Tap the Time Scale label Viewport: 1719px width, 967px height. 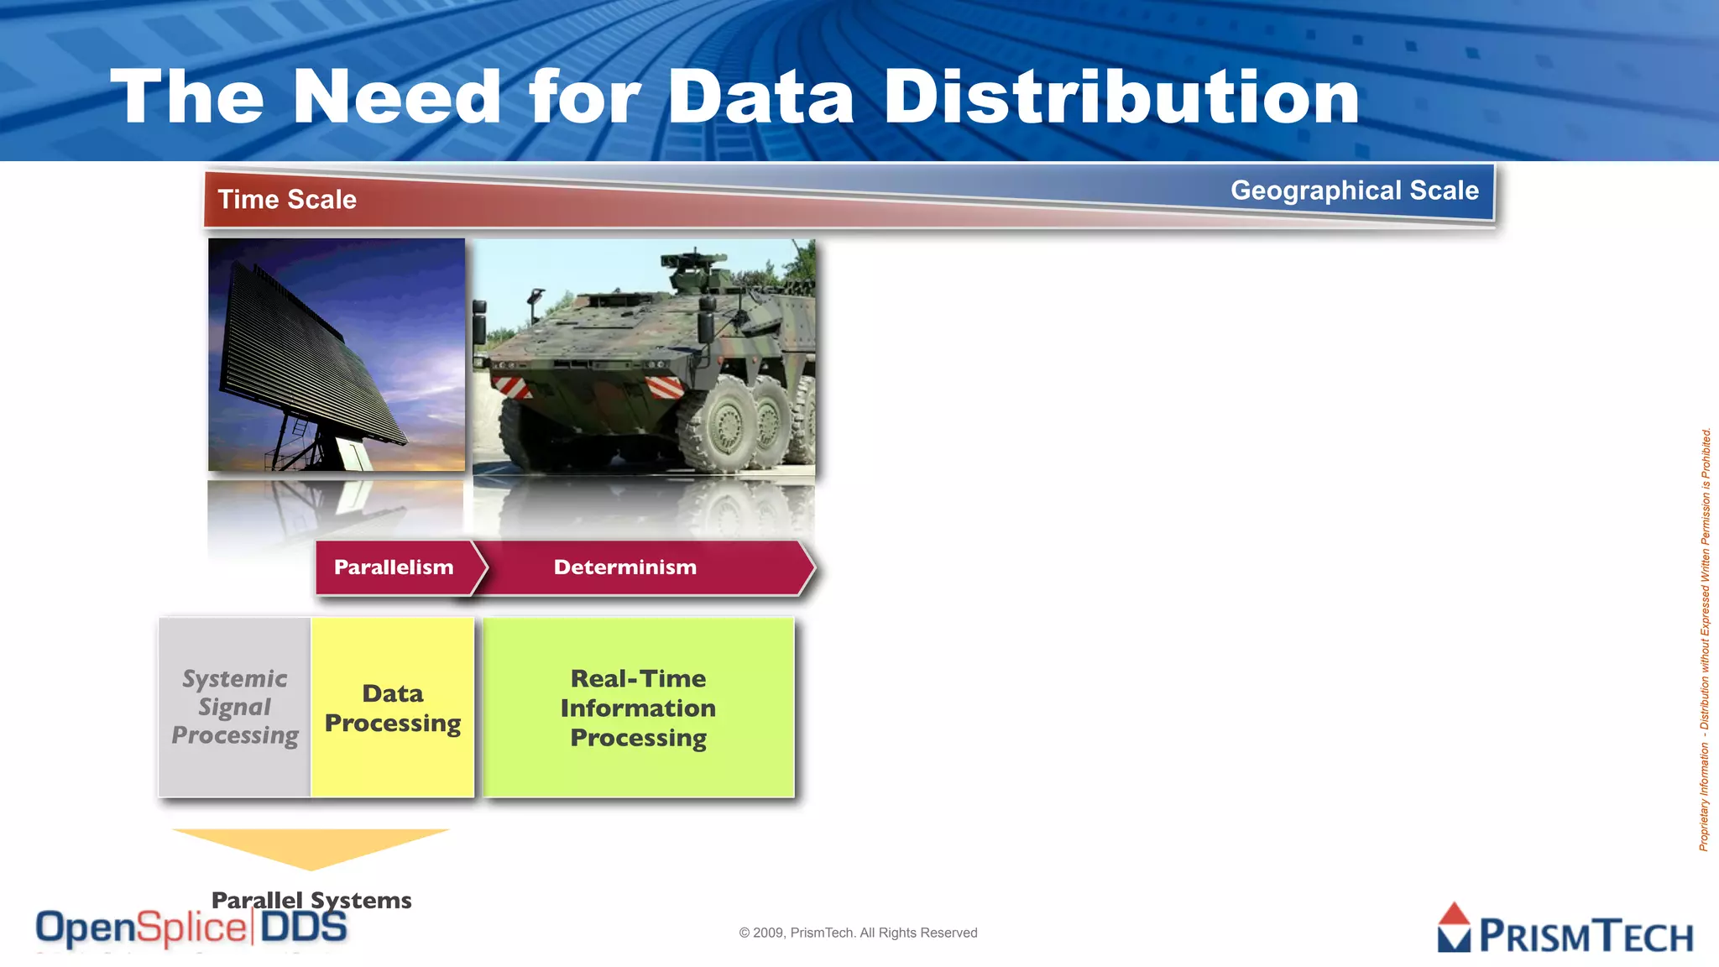pos(287,200)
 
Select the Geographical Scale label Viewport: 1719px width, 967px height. pos(1354,191)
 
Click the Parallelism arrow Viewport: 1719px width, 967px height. pos(394,567)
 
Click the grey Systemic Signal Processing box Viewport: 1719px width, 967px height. pos(235,707)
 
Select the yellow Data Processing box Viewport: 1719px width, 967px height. pos(393,708)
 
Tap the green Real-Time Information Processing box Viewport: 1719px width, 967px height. pos(638,708)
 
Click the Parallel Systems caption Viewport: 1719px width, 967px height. pos(311,900)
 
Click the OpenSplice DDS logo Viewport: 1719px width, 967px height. pos(191,928)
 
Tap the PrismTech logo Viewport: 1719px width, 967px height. pos(1565,930)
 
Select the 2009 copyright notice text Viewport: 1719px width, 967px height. pos(858,933)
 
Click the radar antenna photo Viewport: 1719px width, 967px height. pos(336,354)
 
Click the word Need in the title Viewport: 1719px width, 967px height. pos(396,98)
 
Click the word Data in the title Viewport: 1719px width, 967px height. pos(760,98)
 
